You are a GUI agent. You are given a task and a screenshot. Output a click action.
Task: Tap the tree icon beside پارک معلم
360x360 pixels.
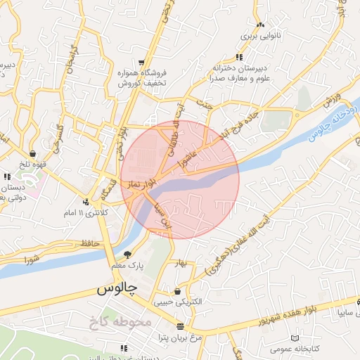tap(127, 255)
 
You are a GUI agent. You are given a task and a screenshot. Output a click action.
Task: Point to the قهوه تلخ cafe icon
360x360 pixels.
tap(33, 154)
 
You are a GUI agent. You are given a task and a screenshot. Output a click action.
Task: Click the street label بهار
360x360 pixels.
tap(182, 264)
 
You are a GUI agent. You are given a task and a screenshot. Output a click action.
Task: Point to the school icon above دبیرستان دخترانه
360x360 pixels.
tap(239, 57)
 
